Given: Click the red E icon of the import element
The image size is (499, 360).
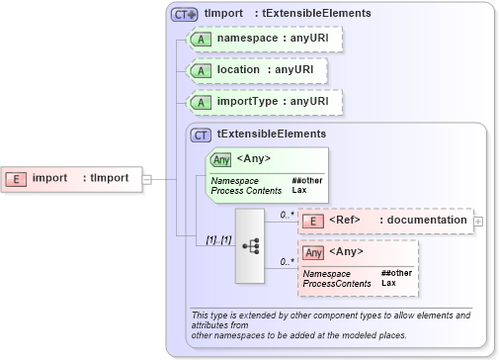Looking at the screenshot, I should click(x=17, y=179).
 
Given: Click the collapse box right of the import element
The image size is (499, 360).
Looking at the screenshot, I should click(x=147, y=179).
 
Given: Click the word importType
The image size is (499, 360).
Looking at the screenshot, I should click(x=247, y=101).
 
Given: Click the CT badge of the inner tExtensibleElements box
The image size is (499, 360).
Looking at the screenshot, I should click(x=201, y=134).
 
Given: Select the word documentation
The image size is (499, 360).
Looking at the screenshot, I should click(x=426, y=220).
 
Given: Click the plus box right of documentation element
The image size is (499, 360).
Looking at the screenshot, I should click(x=478, y=220).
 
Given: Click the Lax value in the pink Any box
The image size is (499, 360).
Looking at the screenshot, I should click(x=388, y=283).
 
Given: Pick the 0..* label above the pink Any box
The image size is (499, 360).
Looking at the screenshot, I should click(x=288, y=261).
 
